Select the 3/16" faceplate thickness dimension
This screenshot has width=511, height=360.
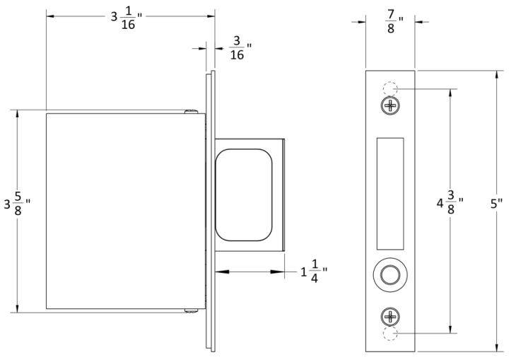click(236, 48)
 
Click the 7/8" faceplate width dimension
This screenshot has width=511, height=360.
click(390, 21)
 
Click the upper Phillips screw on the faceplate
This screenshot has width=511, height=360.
click(389, 106)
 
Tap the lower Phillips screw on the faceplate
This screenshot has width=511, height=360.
click(389, 315)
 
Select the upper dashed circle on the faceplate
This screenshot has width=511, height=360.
click(389, 89)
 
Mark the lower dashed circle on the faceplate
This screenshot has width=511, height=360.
click(389, 333)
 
